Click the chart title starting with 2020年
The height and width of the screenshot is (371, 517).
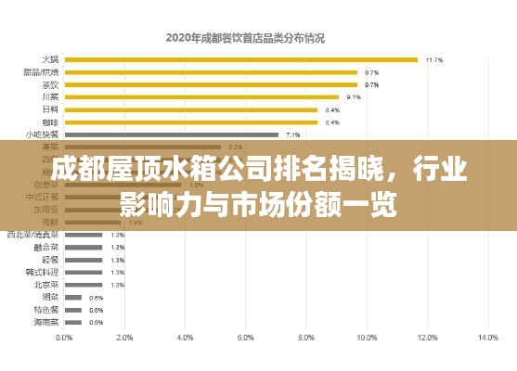[251, 38]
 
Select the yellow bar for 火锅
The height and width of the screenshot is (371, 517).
[241, 59]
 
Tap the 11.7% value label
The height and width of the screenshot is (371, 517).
[433, 59]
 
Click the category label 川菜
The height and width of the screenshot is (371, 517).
[49, 96]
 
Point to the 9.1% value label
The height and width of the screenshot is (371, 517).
[354, 96]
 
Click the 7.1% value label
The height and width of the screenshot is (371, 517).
[293, 134]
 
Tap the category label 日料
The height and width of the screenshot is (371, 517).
[49, 109]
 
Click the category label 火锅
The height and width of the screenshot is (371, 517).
[49, 59]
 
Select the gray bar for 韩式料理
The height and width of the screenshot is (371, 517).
[83, 272]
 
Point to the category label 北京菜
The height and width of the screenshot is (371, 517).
[46, 285]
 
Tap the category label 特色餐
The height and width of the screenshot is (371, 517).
[46, 310]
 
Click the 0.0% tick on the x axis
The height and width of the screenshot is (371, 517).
[64, 338]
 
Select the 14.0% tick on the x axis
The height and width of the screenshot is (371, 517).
[487, 338]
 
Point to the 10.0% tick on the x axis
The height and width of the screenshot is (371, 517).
[366, 338]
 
